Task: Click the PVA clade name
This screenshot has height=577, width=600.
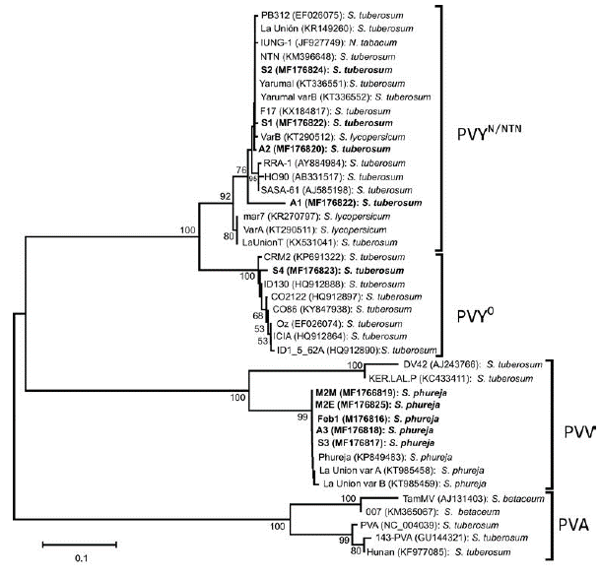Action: click(x=573, y=523)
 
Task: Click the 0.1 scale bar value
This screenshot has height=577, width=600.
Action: click(x=80, y=559)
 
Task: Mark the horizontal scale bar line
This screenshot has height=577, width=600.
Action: click(x=80, y=543)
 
